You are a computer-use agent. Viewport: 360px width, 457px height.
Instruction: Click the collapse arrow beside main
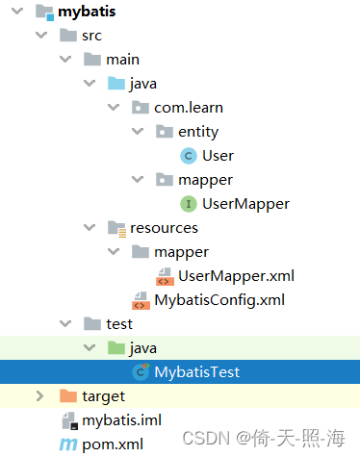coord(64,60)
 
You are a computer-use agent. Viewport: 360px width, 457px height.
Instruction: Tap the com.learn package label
coord(189,108)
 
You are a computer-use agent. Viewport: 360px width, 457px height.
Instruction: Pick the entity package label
coord(197,132)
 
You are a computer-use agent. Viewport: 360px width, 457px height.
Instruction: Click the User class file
coord(218,156)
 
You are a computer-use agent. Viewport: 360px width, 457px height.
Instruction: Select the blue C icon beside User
coord(188,156)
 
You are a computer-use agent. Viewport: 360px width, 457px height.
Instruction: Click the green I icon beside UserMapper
coord(188,204)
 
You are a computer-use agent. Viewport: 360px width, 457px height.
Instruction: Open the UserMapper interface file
coord(245,204)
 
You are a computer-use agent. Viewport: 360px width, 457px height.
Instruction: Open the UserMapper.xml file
coord(236,276)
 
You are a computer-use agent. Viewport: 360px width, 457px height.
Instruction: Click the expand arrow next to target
coord(39,395)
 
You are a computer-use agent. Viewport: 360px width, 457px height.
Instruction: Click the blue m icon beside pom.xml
coord(67,444)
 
